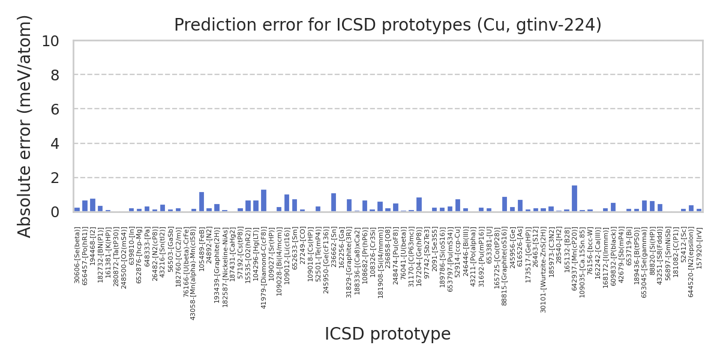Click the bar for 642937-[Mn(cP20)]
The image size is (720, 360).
pos(574,199)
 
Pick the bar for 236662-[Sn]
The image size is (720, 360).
pos(334,203)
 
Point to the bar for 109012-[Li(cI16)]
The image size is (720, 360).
pos(287,203)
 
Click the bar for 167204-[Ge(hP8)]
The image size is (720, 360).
pos(419,205)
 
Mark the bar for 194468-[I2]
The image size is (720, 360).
pos(92,205)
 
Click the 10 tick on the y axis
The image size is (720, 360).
pos(50,41)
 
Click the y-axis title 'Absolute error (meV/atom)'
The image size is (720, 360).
pos(25,127)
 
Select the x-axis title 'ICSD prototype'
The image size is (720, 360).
pos(388,334)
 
